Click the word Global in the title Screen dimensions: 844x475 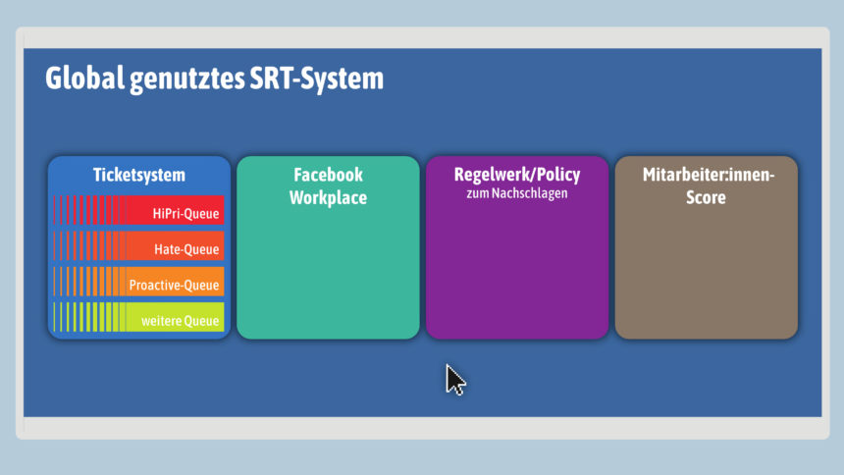[x=85, y=79]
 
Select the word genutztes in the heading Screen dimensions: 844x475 [x=186, y=79]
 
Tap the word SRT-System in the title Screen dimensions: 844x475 [x=316, y=79]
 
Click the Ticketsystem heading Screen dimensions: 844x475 [x=139, y=175]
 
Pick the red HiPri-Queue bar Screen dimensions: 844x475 [x=139, y=210]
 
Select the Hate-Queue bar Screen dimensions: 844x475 [x=139, y=245]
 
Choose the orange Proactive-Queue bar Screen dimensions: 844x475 [x=139, y=281]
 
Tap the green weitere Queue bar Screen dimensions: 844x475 [x=139, y=317]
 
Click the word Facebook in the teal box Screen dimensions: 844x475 [x=329, y=175]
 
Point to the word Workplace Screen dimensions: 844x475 [x=329, y=197]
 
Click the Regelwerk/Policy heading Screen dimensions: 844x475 [x=517, y=175]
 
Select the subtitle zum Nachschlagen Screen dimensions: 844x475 [x=517, y=193]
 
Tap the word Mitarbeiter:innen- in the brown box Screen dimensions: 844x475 [x=709, y=175]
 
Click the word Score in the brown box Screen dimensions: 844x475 [x=706, y=197]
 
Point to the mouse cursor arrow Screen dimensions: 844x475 [x=455, y=380]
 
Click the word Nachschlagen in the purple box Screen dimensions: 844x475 [x=530, y=193]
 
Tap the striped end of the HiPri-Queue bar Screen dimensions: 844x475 [x=90, y=210]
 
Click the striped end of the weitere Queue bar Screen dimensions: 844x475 [x=90, y=317]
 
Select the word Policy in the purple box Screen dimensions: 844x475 [x=556, y=175]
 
